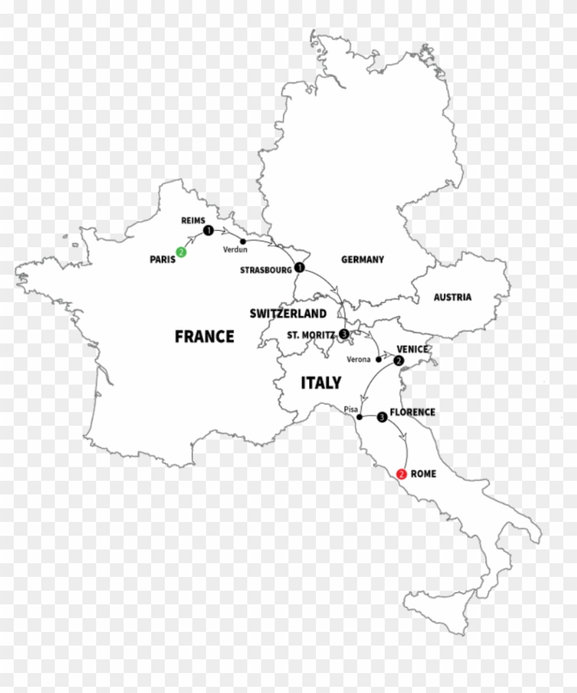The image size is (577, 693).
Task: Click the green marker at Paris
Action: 181,252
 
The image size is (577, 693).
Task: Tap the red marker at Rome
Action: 402,474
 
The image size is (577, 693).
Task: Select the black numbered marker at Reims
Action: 207,230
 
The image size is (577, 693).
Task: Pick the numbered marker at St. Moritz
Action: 344,334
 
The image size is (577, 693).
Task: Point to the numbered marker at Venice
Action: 399,360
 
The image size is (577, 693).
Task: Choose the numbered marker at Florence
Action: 381,416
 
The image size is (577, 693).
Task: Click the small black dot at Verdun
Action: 243,241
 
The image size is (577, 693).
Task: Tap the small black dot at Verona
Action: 377,359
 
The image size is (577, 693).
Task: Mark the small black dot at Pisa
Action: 359,417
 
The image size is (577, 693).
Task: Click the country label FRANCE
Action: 204,337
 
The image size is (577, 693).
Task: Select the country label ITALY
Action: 321,383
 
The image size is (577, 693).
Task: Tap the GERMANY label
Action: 362,260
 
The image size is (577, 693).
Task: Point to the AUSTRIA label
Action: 452,297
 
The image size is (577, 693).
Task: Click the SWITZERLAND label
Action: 288,314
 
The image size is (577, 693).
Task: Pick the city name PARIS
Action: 162,259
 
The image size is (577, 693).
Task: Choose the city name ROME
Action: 423,474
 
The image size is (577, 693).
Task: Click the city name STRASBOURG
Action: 266,271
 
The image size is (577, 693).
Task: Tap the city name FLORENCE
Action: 412,412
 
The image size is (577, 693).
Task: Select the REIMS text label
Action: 193,220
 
